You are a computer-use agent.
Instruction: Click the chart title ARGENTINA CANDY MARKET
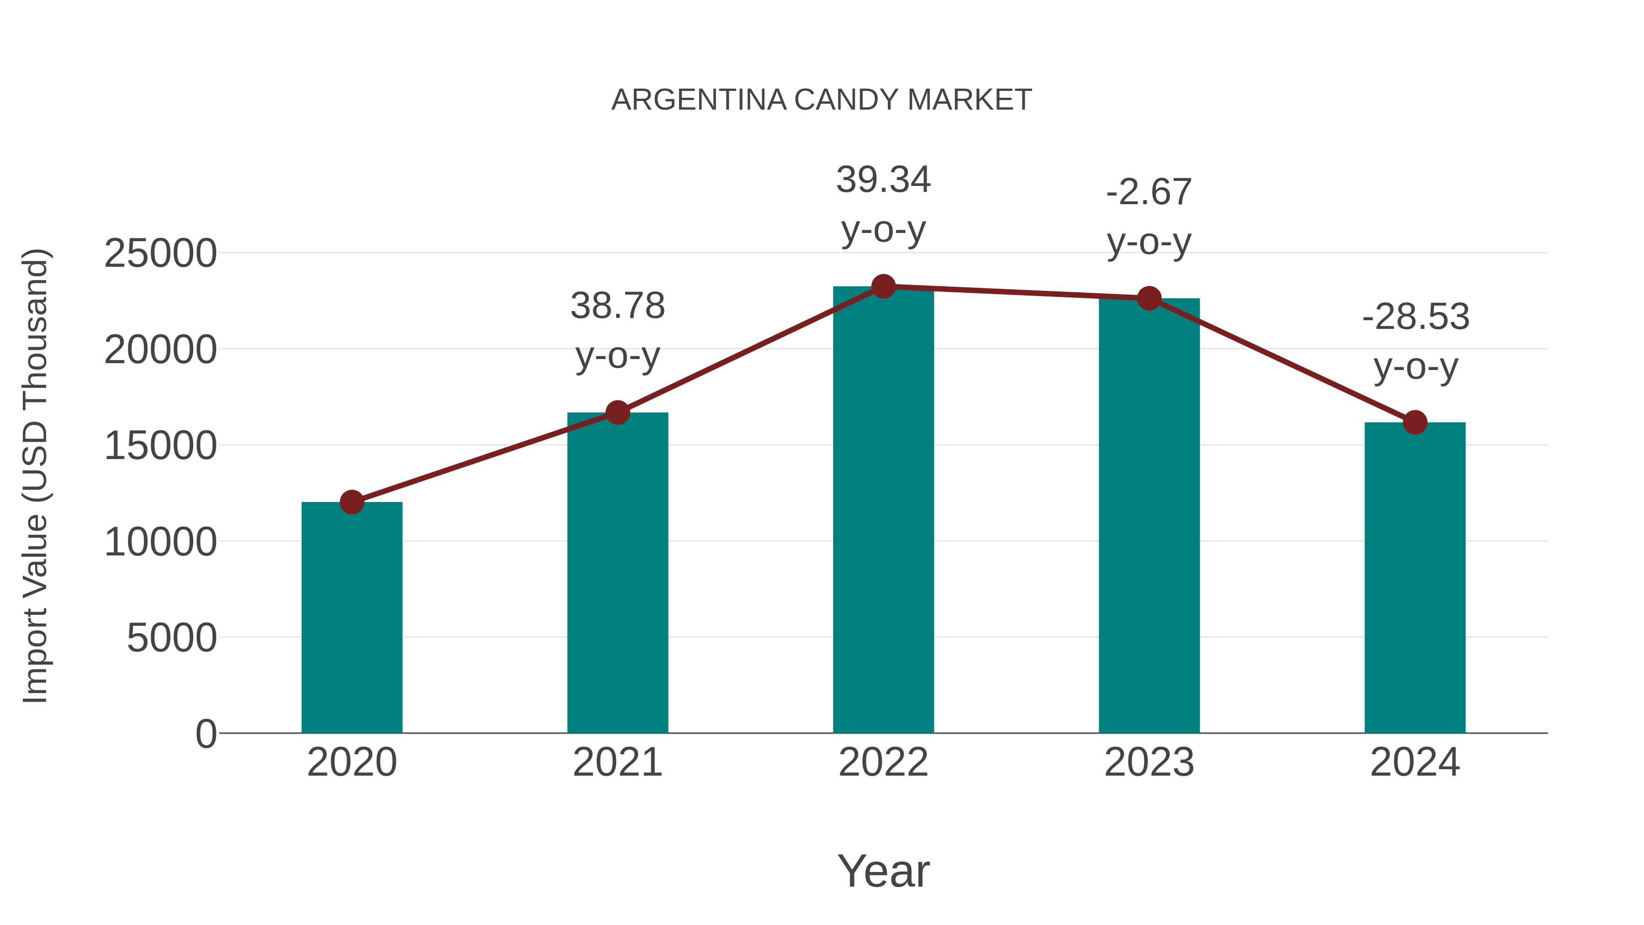(x=822, y=100)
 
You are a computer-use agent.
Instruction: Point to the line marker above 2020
(x=352, y=502)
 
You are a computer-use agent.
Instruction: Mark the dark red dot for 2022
(x=883, y=286)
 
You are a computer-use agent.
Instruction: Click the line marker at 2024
(x=1415, y=422)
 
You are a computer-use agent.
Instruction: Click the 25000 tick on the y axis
(x=160, y=254)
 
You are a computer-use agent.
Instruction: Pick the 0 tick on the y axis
(x=205, y=734)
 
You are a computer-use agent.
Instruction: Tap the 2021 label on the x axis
(x=617, y=762)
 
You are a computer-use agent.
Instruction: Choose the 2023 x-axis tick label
(x=1149, y=762)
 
